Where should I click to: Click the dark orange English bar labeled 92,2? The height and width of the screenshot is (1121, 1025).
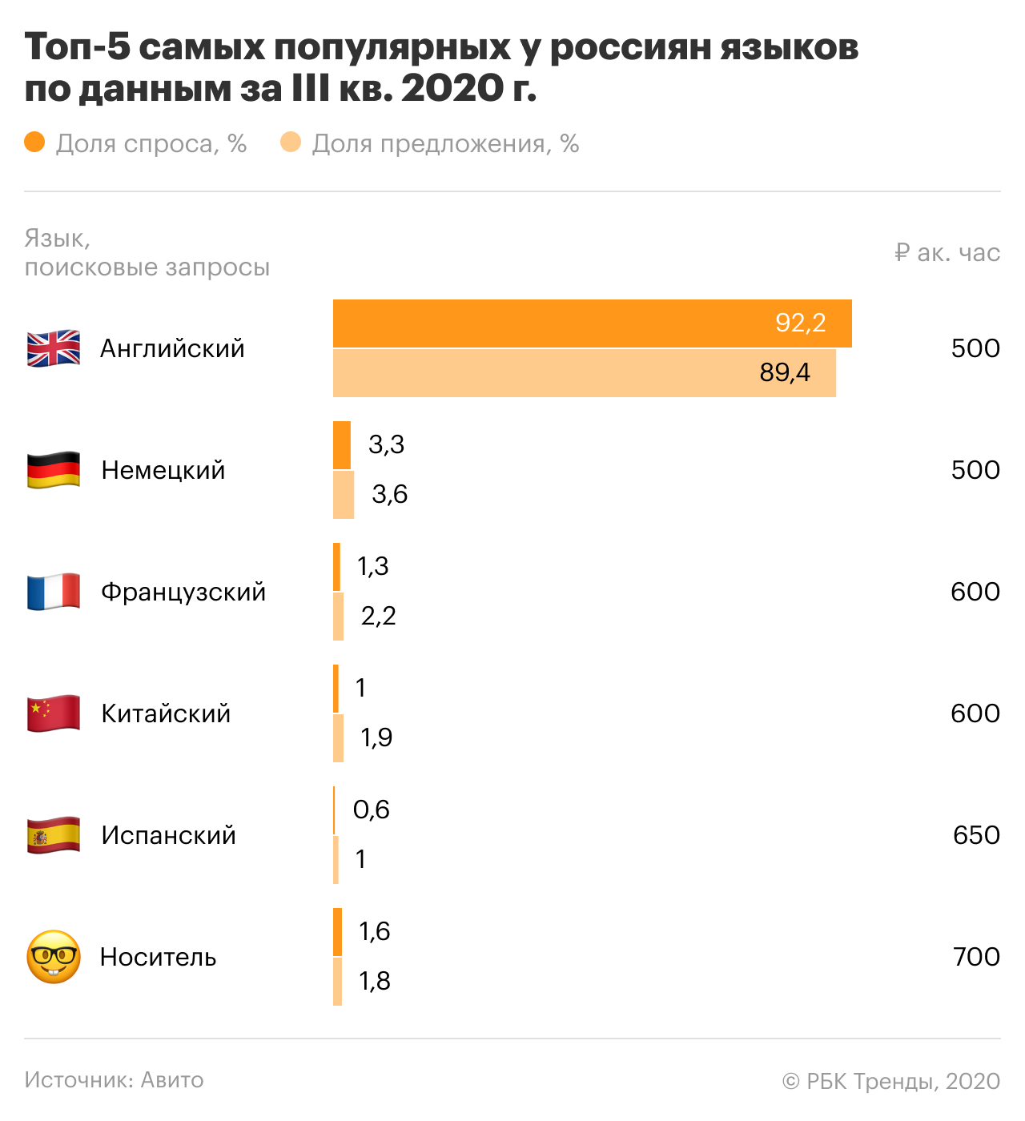[593, 323]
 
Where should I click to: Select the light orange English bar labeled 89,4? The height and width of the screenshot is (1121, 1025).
[585, 373]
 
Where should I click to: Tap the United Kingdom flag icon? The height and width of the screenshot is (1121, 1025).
[54, 348]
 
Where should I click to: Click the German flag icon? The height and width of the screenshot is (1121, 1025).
[54, 470]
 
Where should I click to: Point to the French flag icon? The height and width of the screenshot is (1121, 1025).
[54, 592]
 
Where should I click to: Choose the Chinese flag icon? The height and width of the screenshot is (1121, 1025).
[54, 713]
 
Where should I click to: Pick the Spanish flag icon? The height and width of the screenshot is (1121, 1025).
[54, 835]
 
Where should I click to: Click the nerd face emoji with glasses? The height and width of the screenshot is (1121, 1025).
[54, 957]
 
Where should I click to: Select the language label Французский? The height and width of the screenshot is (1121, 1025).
[183, 592]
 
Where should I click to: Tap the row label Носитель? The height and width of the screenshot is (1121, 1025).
[159, 957]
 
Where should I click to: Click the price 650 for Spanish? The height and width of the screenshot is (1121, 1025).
[976, 835]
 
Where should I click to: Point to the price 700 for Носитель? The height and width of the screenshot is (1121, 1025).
[976, 957]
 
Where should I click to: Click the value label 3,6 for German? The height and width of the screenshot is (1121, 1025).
[390, 494]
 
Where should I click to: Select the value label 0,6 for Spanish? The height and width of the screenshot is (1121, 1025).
[372, 810]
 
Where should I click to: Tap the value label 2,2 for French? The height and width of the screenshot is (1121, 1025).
[379, 616]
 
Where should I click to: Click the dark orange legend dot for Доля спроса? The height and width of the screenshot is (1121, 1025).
[34, 143]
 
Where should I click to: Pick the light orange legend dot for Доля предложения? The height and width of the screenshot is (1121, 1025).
[291, 143]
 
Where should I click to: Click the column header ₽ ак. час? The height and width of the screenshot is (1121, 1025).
[947, 253]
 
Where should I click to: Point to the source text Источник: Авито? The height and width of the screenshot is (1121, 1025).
[114, 1080]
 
